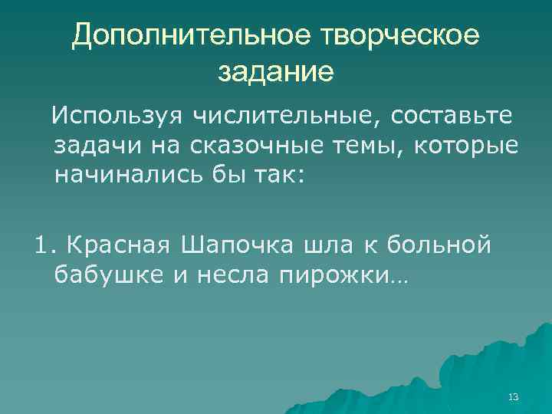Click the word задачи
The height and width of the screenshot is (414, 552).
click(91, 146)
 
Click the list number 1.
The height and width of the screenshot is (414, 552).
click(43, 245)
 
